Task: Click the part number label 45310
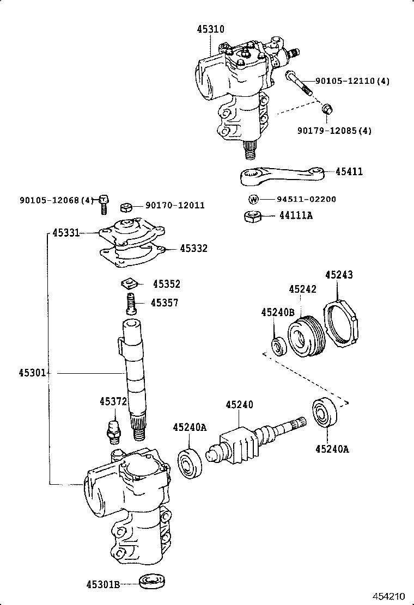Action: tap(210, 29)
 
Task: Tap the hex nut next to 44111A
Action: tap(252, 216)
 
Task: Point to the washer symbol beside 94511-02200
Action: tap(253, 199)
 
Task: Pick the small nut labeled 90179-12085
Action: tap(327, 110)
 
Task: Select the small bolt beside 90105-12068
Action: tap(103, 204)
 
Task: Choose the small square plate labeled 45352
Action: tap(130, 283)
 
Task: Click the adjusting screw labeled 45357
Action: tap(130, 302)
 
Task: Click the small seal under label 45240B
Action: tap(279, 346)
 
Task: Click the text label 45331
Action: tap(66, 233)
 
